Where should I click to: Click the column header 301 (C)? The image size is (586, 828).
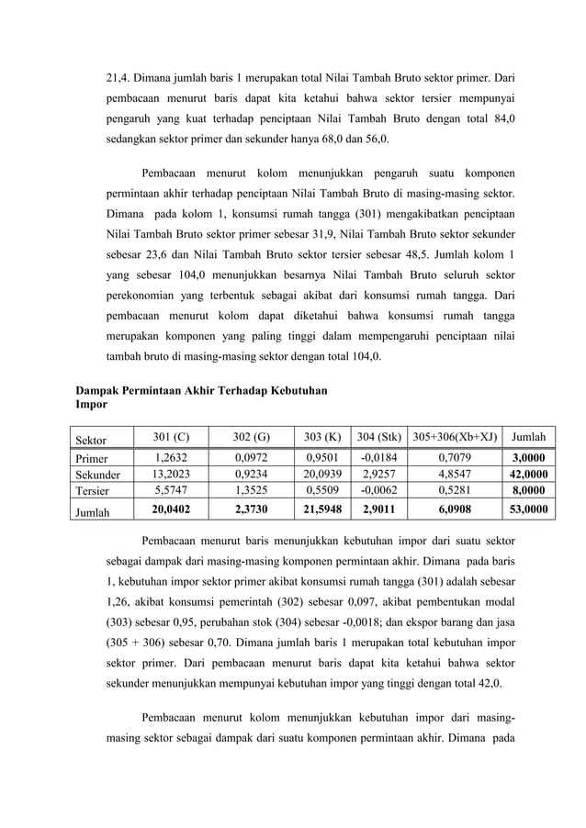[169, 436]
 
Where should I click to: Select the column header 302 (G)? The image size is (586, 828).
[251, 436]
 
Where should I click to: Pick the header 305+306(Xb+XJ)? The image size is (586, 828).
[455, 436]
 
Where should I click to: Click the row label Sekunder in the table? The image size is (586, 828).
[97, 476]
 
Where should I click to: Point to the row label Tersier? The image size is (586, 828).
[92, 491]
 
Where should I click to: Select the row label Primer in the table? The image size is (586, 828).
[92, 459]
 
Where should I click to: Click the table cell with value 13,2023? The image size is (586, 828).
[169, 475]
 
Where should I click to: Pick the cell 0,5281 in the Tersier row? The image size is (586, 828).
[456, 491]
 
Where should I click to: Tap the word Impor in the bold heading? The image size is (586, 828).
[91, 404]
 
